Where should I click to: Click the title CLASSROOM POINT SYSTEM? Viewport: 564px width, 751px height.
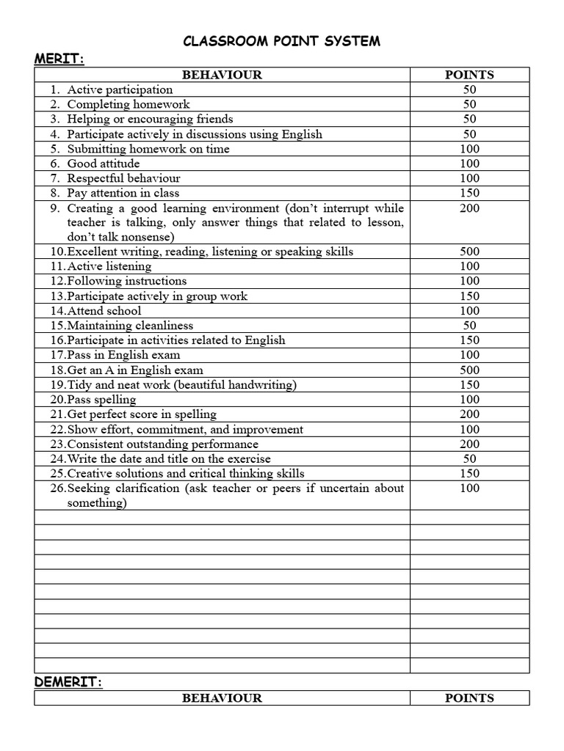[x=281, y=41]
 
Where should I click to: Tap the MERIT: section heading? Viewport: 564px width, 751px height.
[x=59, y=59]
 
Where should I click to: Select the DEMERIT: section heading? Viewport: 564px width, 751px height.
[x=68, y=683]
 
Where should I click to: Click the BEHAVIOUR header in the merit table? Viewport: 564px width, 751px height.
[x=222, y=75]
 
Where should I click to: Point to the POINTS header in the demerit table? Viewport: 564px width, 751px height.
[x=469, y=698]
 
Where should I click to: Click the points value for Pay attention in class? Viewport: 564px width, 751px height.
[x=469, y=193]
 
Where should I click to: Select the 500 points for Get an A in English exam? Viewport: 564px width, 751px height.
[x=469, y=370]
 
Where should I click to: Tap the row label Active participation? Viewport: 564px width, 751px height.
[x=120, y=89]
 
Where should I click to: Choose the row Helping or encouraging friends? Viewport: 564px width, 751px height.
[x=150, y=119]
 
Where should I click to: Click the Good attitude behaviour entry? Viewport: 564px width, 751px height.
[x=103, y=164]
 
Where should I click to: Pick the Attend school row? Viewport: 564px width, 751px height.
[x=104, y=311]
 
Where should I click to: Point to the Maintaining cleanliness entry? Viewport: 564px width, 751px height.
[x=130, y=326]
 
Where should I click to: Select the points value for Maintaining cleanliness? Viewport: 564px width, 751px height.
[x=469, y=326]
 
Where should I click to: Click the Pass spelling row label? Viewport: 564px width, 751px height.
[x=101, y=400]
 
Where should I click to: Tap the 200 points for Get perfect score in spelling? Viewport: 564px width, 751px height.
[x=469, y=414]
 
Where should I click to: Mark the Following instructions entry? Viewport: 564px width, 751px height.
[x=126, y=281]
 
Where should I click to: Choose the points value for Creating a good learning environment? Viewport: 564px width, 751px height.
[x=469, y=208]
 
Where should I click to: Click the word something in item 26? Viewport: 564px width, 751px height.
[x=96, y=503]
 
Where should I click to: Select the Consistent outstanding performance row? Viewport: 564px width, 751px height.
[x=162, y=444]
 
